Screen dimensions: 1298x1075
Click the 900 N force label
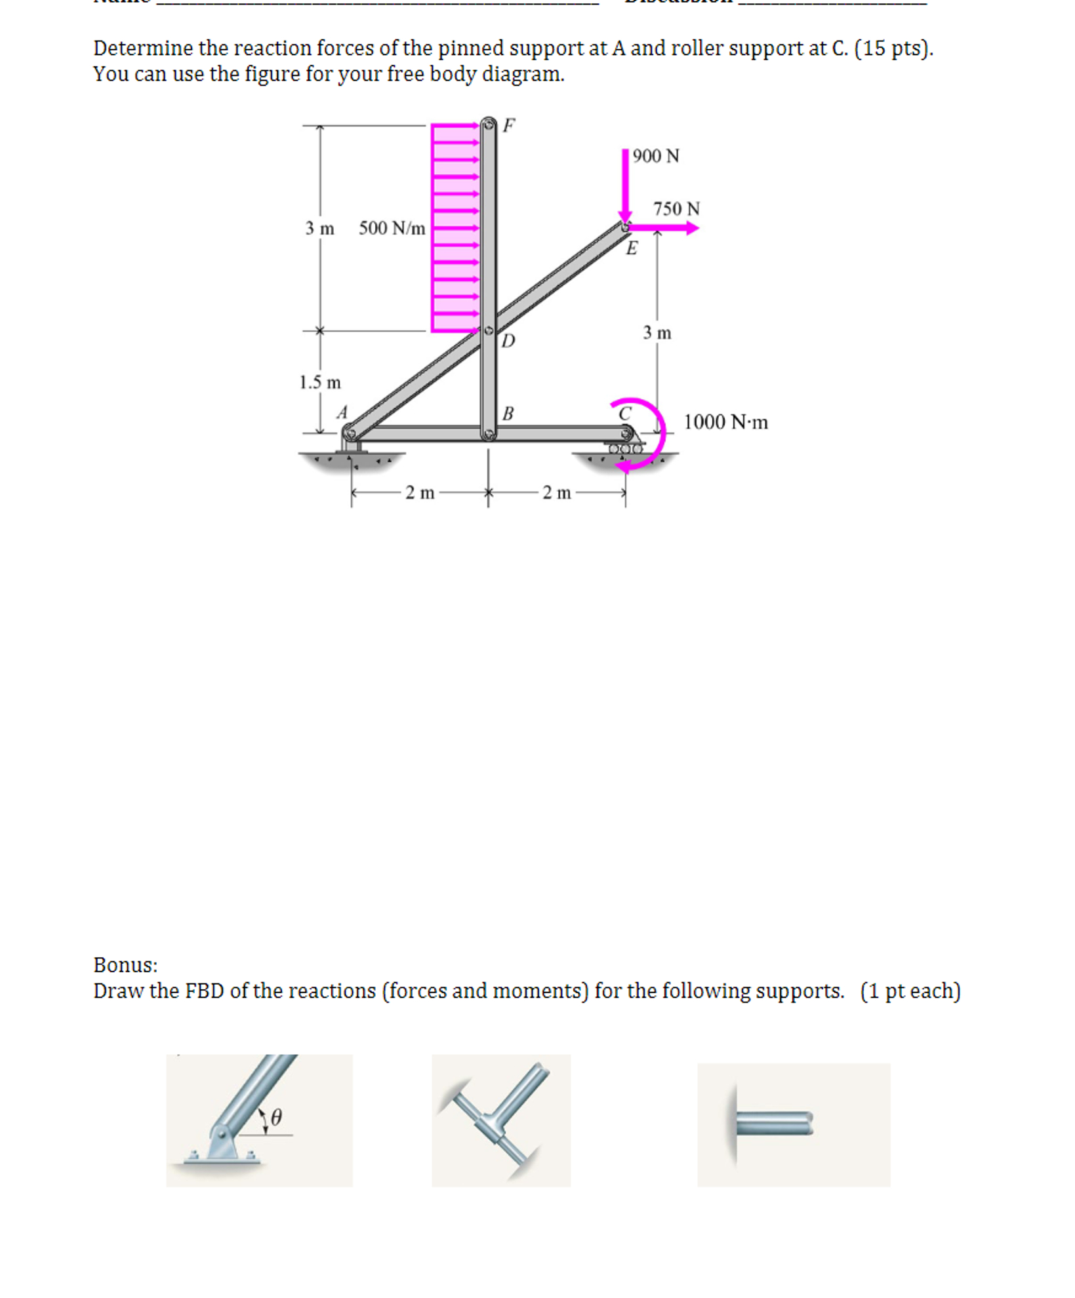(655, 156)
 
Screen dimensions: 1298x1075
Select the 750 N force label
(676, 209)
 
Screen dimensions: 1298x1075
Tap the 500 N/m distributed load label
(392, 229)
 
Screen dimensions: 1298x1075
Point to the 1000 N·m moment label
(725, 422)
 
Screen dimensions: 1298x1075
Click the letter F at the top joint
(508, 125)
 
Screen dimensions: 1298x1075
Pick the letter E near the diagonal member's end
(631, 248)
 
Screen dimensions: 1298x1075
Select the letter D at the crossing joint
(508, 341)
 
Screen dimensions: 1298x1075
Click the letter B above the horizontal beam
(507, 414)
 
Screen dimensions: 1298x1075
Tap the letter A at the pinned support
(342, 412)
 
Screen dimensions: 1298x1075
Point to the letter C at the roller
(624, 414)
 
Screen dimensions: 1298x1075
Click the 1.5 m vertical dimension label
(319, 383)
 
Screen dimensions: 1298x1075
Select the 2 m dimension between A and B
(420, 493)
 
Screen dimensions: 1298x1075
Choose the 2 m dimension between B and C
(556, 493)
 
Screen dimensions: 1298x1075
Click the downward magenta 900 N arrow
(625, 187)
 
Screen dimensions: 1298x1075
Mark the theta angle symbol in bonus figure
(276, 1117)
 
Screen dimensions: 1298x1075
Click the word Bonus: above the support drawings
(125, 965)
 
